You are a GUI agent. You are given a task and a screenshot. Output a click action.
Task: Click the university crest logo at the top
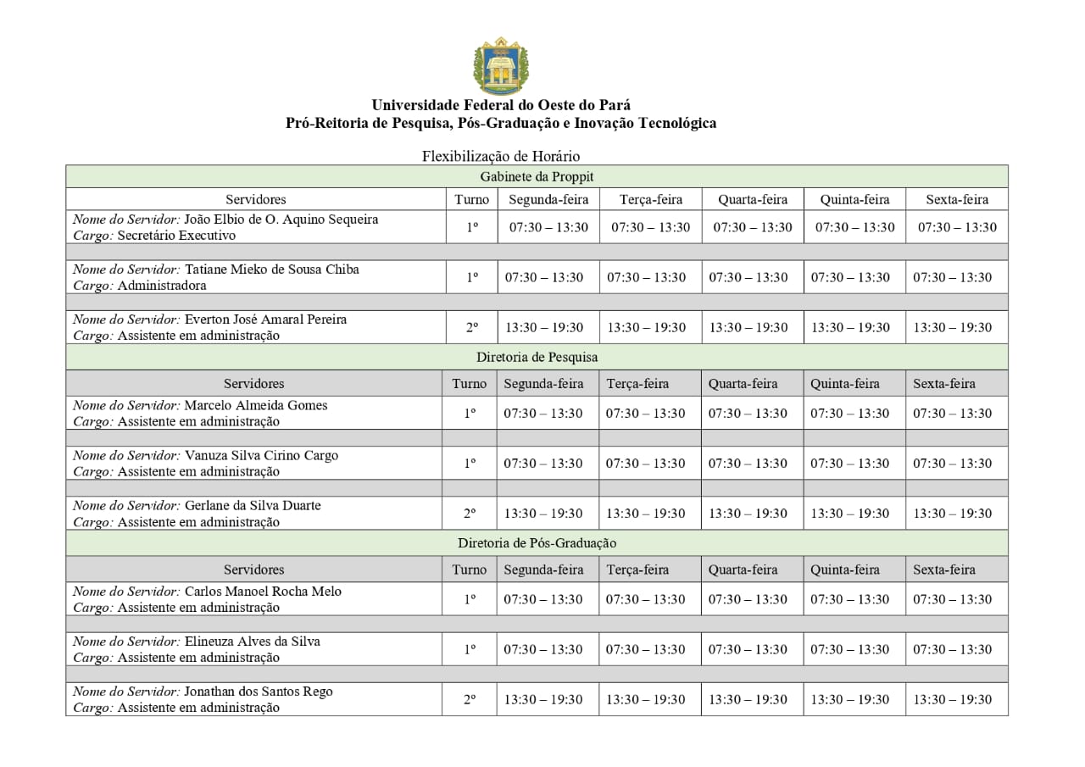pyautogui.click(x=500, y=66)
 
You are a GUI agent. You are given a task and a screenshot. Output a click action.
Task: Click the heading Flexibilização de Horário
pyautogui.click(x=500, y=156)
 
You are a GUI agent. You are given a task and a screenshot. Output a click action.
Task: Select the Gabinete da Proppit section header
pyautogui.click(x=537, y=176)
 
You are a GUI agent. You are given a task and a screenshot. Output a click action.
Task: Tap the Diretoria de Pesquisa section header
pyautogui.click(x=537, y=357)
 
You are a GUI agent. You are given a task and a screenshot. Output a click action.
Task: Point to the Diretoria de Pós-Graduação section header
pyautogui.click(x=537, y=542)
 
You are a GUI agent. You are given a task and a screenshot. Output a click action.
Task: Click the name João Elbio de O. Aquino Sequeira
pyautogui.click(x=281, y=220)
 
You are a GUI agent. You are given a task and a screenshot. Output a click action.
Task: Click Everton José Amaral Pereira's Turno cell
pyautogui.click(x=471, y=327)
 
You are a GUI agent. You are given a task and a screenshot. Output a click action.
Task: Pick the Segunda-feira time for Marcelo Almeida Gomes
pyautogui.click(x=543, y=413)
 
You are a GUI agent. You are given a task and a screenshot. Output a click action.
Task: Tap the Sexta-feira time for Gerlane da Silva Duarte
pyautogui.click(x=952, y=513)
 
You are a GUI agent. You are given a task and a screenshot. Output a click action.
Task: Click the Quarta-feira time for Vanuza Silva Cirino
pyautogui.click(x=748, y=463)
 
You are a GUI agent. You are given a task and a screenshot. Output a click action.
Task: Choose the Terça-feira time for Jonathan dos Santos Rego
pyautogui.click(x=645, y=699)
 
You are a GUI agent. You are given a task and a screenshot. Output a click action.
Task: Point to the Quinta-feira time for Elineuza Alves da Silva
pyautogui.click(x=850, y=649)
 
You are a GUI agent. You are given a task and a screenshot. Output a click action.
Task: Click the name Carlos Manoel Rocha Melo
pyautogui.click(x=263, y=591)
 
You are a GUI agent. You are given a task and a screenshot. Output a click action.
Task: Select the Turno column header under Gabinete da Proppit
pyautogui.click(x=471, y=199)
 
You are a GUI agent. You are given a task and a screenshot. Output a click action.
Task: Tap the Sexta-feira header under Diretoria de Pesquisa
pyautogui.click(x=943, y=383)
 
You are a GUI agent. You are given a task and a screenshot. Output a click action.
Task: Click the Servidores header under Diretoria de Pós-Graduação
pyautogui.click(x=253, y=570)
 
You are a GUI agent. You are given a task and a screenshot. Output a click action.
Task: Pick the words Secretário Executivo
pyautogui.click(x=176, y=236)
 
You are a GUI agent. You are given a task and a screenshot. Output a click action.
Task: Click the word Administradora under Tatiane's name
pyautogui.click(x=162, y=286)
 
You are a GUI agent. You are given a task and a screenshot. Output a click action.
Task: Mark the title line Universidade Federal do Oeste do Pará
pyautogui.click(x=500, y=105)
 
